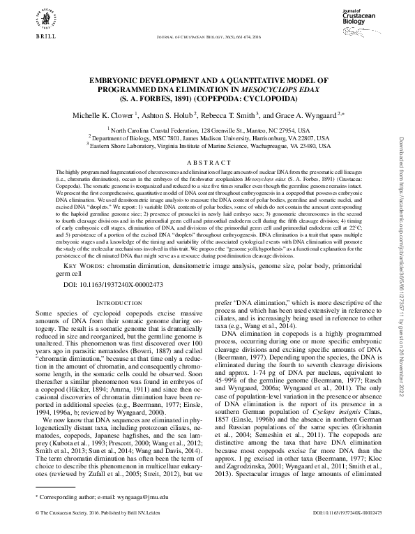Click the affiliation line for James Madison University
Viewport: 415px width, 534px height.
tap(209, 138)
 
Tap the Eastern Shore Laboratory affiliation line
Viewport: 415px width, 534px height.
tap(209, 146)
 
